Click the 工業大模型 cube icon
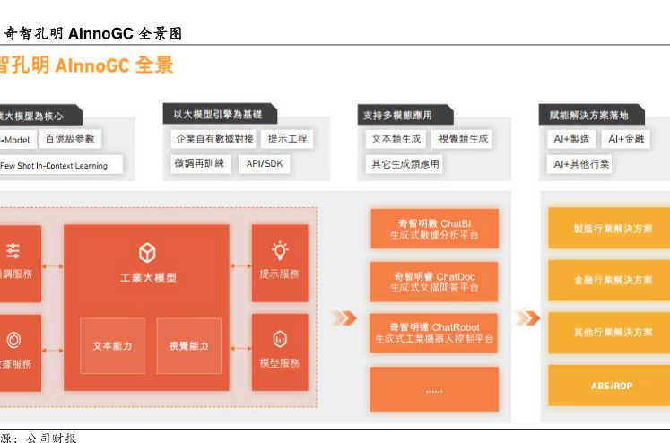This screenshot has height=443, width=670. [x=147, y=253]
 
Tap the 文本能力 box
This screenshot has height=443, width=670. [x=112, y=345]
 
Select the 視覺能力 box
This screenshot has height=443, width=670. [x=188, y=345]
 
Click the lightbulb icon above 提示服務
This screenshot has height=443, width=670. [x=280, y=250]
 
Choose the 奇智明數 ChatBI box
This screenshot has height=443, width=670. [x=434, y=229]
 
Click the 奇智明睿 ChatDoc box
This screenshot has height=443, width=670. [x=434, y=282]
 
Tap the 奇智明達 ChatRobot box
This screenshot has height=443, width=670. [x=434, y=333]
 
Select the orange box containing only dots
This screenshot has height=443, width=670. [x=434, y=390]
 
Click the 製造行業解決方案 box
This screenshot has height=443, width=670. [x=613, y=229]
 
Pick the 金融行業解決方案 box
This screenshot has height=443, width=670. [x=613, y=281]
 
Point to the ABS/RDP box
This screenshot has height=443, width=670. [x=613, y=385]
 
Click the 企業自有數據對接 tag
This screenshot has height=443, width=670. [x=215, y=139]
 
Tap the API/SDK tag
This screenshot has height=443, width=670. [x=264, y=163]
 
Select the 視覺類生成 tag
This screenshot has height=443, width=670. [x=464, y=139]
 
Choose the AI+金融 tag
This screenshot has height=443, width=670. [x=626, y=139]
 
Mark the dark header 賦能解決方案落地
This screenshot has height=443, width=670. [x=589, y=115]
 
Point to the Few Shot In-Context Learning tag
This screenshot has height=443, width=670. [x=56, y=165]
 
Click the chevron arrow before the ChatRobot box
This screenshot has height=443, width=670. [x=344, y=318]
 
